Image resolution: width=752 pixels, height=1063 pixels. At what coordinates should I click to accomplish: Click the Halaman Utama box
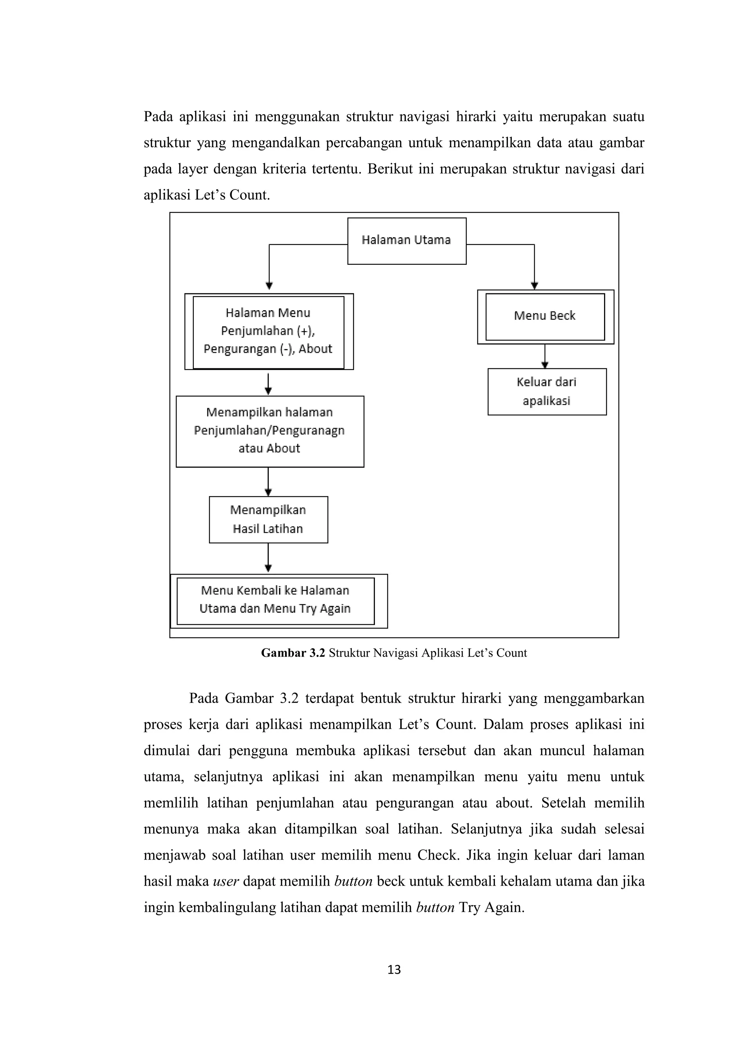click(x=406, y=241)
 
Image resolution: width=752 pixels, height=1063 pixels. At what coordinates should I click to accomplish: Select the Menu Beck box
click(x=545, y=317)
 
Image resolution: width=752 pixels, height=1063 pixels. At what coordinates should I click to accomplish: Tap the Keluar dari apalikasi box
click(x=547, y=392)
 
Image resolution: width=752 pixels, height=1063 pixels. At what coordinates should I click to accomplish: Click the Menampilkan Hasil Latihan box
click(x=268, y=520)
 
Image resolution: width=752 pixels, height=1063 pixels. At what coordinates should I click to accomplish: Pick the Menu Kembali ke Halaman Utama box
click(x=275, y=600)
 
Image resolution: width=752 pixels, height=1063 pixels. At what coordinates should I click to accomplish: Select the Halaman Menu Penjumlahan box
click(x=268, y=332)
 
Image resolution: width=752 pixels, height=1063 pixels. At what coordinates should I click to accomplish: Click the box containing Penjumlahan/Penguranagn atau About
click(x=270, y=431)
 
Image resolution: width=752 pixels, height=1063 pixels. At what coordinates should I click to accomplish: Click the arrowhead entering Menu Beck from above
click(x=534, y=286)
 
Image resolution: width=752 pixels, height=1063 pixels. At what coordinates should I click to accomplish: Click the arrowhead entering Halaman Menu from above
click(x=270, y=286)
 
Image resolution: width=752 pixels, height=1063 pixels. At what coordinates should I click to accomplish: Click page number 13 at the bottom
click(x=394, y=969)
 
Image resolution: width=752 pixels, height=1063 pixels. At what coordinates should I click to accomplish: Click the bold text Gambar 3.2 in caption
click(x=293, y=653)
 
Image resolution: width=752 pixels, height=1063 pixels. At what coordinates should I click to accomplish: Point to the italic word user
click(x=225, y=881)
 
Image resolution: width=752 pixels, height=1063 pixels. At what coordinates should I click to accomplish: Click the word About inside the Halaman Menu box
click(x=315, y=349)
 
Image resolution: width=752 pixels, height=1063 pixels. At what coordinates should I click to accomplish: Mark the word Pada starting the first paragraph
click(x=158, y=117)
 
